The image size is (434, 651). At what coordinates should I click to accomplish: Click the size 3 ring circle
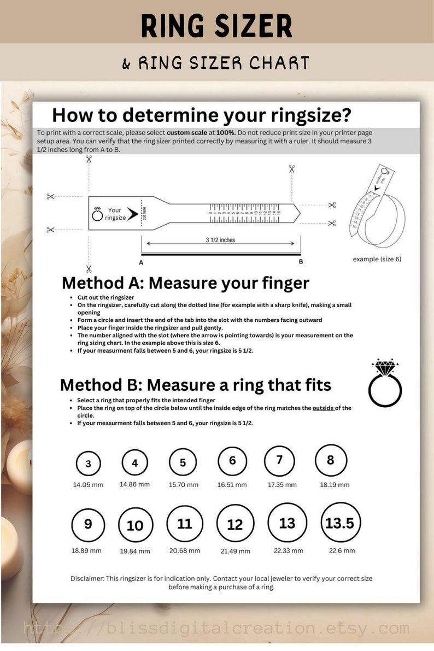89,464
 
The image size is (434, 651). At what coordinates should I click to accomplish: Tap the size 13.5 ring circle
339,523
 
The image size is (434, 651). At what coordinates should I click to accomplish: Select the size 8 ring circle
330,460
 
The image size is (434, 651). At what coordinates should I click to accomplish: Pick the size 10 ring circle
135,525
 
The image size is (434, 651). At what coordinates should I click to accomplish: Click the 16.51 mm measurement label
232,485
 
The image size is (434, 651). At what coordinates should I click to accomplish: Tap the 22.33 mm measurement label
288,550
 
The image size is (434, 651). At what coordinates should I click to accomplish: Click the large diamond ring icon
385,383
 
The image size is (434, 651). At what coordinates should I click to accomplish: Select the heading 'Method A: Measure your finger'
185,283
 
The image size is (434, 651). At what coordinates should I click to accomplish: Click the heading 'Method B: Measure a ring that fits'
195,385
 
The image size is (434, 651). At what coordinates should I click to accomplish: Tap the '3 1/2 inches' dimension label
220,240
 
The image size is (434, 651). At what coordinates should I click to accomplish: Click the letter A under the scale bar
141,262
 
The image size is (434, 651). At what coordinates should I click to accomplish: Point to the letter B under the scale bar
301,262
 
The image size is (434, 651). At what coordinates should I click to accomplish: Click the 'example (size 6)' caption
377,259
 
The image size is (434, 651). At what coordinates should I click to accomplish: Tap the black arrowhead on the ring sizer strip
132,213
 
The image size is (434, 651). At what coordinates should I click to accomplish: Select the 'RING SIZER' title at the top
216,26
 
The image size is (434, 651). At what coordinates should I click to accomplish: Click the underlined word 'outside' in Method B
323,408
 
